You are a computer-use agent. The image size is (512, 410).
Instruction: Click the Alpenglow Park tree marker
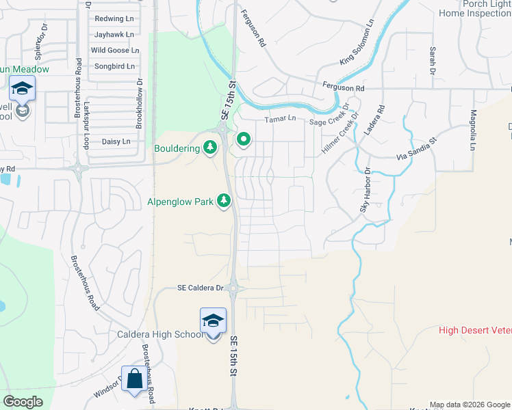click(x=223, y=201)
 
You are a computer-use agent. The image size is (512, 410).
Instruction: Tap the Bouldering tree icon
click(x=211, y=147)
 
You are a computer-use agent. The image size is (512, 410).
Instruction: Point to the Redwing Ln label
click(x=114, y=18)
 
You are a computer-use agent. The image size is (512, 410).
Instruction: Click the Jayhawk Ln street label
click(x=114, y=34)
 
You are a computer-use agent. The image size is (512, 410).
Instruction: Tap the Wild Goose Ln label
click(x=114, y=50)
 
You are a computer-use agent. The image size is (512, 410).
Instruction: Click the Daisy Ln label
click(x=116, y=141)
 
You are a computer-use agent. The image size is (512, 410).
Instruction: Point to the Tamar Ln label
click(x=281, y=119)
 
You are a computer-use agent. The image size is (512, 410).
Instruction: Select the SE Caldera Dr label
click(x=201, y=288)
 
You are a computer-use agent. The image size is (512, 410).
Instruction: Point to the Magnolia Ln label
click(x=472, y=131)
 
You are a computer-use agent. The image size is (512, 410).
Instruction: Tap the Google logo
click(x=23, y=402)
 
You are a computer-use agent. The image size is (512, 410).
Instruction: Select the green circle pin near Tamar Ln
click(x=243, y=141)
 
